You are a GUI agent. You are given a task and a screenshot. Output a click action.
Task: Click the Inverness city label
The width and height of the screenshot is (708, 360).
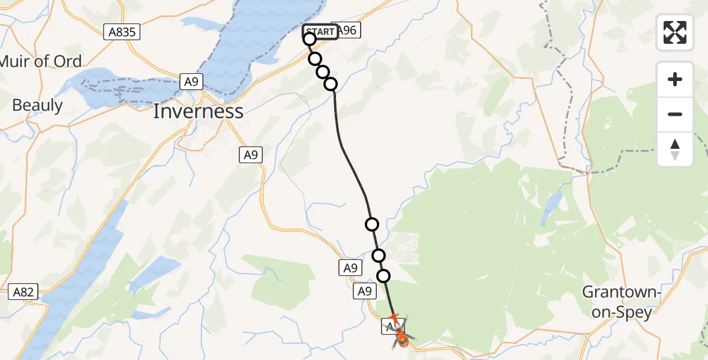pos(198,111)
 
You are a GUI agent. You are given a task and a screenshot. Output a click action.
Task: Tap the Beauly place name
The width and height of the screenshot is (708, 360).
pos(37,106)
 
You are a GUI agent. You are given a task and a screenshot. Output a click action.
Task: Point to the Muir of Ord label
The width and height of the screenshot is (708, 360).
pos(41,61)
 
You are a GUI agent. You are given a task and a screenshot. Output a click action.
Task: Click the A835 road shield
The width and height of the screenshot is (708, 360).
pos(122,32)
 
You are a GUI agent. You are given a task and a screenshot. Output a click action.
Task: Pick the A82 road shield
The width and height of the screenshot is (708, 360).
pos(24,293)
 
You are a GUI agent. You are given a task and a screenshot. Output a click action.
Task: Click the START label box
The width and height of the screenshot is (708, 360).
pos(320,32)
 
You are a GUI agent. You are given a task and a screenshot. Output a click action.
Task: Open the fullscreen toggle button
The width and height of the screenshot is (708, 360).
pos(675,32)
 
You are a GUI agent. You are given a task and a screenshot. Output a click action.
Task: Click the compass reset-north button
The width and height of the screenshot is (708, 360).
pos(675,149)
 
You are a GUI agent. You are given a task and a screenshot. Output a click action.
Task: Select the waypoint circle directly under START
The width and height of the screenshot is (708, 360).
pos(310,40)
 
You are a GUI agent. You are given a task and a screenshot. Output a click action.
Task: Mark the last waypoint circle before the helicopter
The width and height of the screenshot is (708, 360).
pos(383,276)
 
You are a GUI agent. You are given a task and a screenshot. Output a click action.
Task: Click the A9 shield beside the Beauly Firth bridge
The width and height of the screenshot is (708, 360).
pos(191,82)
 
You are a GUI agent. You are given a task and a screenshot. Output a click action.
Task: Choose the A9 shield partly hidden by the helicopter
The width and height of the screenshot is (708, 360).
pos(389,328)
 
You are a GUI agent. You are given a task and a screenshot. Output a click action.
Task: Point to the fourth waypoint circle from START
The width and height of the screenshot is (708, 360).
pos(331,84)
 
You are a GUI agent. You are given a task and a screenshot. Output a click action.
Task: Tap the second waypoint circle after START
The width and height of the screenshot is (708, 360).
pos(323,72)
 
